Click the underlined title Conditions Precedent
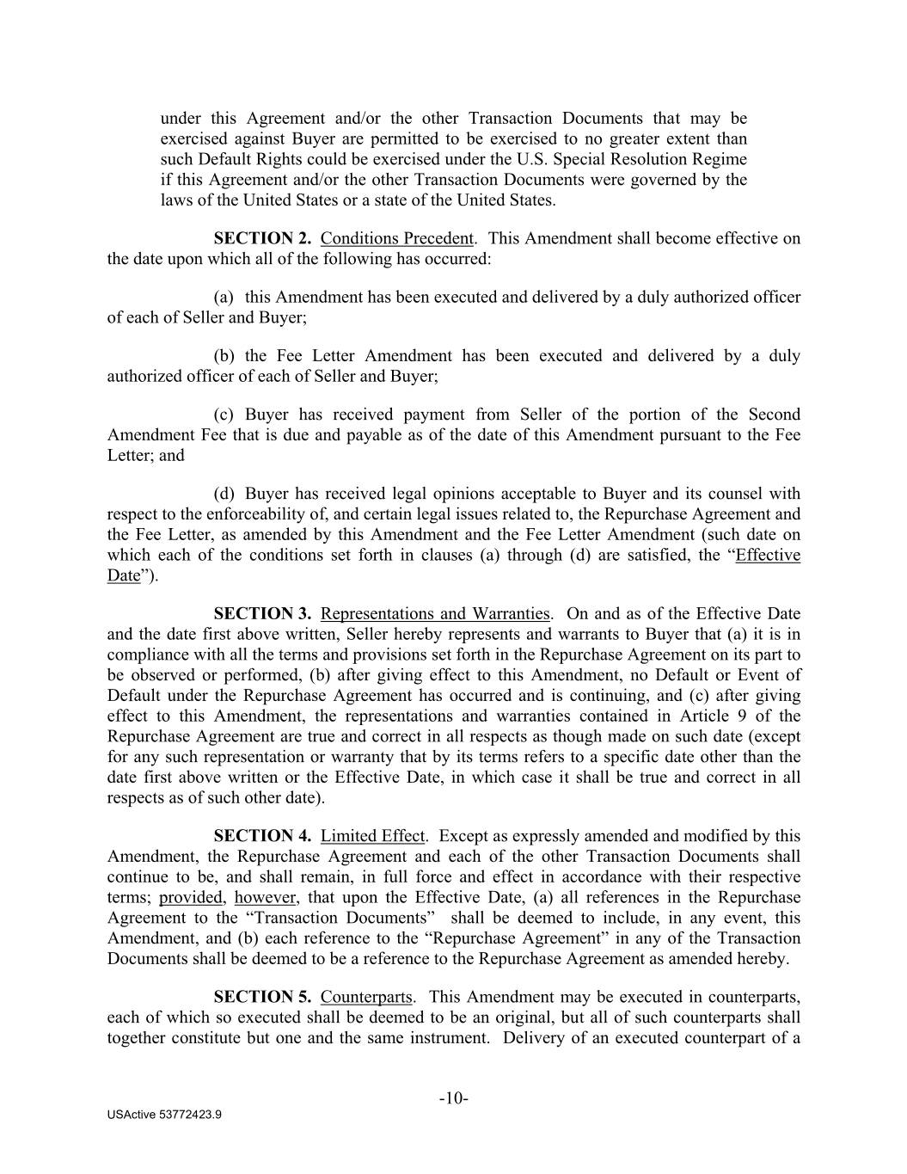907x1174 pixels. click(x=396, y=238)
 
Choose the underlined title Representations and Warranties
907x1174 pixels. click(x=434, y=613)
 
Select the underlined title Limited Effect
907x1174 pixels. click(x=372, y=836)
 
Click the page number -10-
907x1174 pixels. click(x=453, y=1098)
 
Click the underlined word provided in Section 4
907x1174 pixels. click(x=191, y=898)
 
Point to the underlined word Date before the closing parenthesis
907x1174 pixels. click(x=123, y=575)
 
